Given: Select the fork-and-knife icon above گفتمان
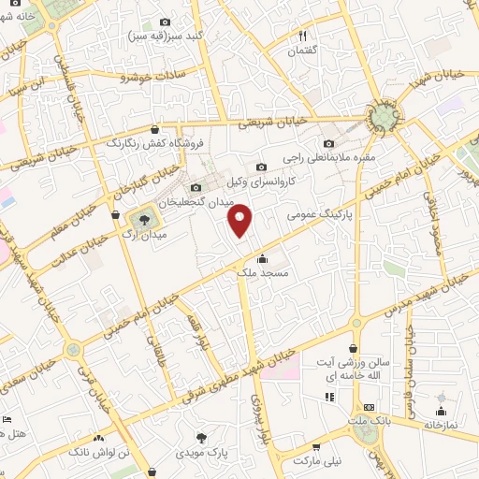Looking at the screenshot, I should [x=303, y=35].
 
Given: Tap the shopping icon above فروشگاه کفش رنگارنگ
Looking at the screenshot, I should [x=153, y=129].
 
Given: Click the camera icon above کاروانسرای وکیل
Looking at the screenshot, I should [x=260, y=166].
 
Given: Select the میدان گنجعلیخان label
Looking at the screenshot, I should [x=195, y=201].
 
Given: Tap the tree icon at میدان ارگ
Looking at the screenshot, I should [x=143, y=220].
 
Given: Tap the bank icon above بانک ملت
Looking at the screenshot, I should [x=370, y=408].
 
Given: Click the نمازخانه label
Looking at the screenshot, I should [x=440, y=424].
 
